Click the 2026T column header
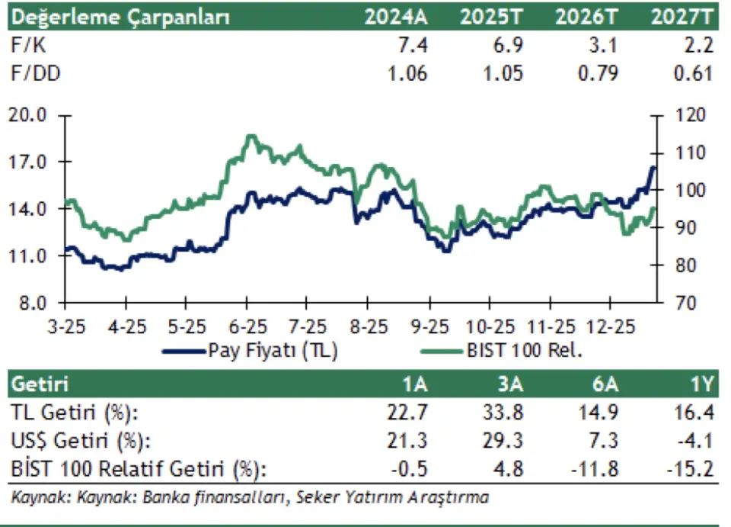pos(588,17)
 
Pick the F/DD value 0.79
pos(599,73)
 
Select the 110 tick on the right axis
pos(685,153)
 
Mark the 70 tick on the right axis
pos(681,303)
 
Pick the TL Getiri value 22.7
pos(409,413)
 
